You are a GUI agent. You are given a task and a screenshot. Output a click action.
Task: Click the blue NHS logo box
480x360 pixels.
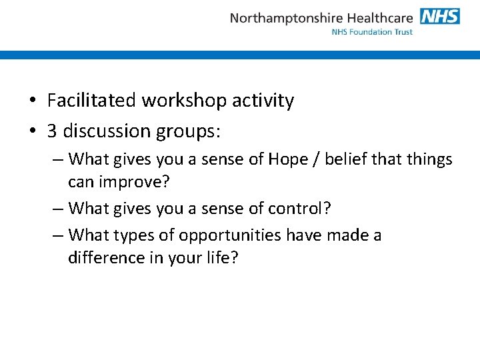[440, 16]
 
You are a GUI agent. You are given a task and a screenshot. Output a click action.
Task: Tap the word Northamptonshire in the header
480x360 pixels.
[285, 18]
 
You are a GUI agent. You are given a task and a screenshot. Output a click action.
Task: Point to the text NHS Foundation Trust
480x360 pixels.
[372, 32]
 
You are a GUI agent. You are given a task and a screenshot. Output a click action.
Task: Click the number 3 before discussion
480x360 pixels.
[52, 131]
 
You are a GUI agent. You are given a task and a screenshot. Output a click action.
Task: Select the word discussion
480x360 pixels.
[107, 131]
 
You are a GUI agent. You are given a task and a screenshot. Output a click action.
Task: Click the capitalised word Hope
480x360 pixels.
[289, 160]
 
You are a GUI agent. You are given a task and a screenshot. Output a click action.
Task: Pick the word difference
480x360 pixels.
[107, 258]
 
